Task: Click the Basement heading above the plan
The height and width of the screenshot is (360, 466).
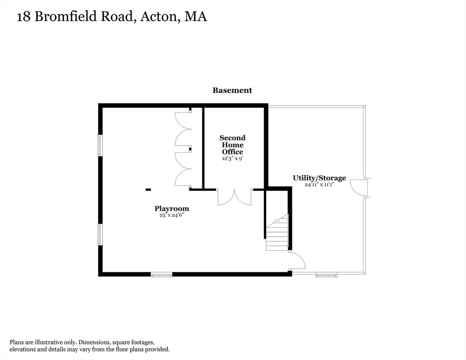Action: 232,90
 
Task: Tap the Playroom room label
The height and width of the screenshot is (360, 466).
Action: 172,209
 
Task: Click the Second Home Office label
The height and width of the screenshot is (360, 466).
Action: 233,144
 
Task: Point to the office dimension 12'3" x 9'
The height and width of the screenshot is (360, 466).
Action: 233,158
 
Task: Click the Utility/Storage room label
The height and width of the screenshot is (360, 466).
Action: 319,178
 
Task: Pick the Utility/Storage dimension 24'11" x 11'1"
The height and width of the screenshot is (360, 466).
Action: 319,185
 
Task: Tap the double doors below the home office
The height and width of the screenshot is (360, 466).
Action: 234,197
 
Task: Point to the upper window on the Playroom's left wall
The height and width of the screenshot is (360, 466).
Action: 99,145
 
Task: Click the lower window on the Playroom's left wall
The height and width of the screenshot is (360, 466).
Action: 99,234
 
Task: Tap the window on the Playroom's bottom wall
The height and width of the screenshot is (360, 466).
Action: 161,275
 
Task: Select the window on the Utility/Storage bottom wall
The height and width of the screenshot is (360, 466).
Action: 326,275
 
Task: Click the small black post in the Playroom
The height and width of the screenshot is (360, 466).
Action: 148,189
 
